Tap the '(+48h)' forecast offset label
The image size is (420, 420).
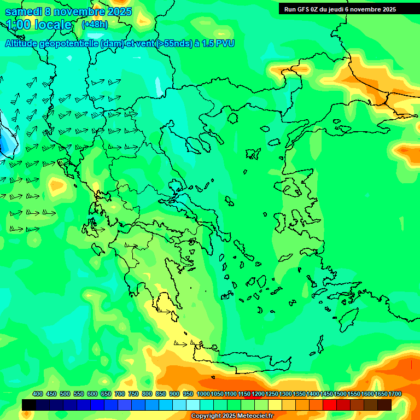95,25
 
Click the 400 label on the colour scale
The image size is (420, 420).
38,394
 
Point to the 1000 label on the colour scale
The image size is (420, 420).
203,394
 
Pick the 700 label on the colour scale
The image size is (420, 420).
120,394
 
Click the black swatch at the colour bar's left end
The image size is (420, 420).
29,405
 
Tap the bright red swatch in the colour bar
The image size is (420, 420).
330,405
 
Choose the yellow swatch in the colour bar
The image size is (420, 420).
275,405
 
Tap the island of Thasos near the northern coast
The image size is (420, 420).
232,118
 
